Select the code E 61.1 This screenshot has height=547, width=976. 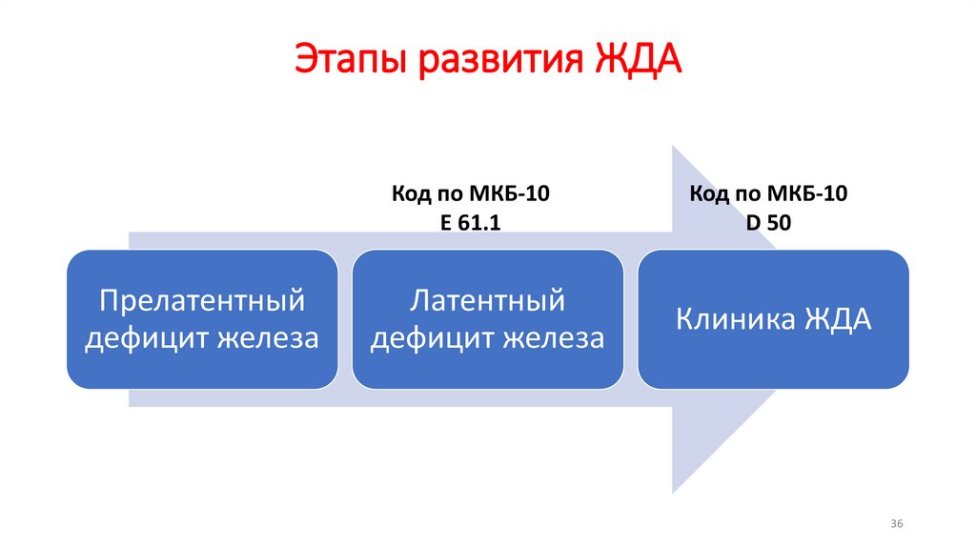471,222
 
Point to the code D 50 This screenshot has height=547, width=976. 768,222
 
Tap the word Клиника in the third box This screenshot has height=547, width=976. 732,318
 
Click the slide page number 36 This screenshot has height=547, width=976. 896,525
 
